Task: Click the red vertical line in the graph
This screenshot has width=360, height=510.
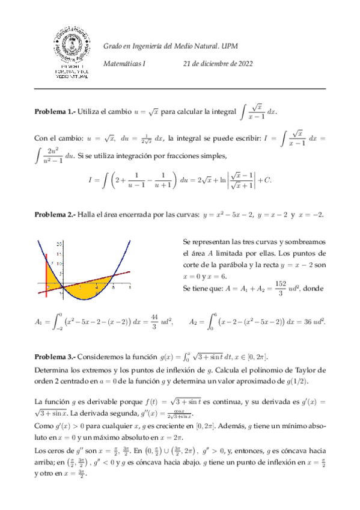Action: coord(47,274)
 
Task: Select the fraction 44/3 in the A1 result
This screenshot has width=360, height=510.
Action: coord(155,322)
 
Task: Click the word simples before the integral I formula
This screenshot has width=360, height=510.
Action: coord(209,156)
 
